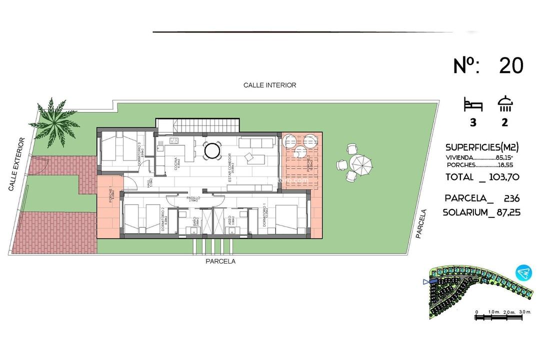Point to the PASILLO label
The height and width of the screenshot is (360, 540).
(x=193, y=198)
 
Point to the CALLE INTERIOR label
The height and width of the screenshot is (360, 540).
(x=269, y=85)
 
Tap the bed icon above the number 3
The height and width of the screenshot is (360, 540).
(x=473, y=105)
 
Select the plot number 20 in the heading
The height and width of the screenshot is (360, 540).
(x=511, y=65)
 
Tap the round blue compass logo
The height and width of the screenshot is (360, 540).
(x=524, y=272)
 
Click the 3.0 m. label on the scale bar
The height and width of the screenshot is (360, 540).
(x=524, y=311)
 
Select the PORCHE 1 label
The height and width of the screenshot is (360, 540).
(x=110, y=194)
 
